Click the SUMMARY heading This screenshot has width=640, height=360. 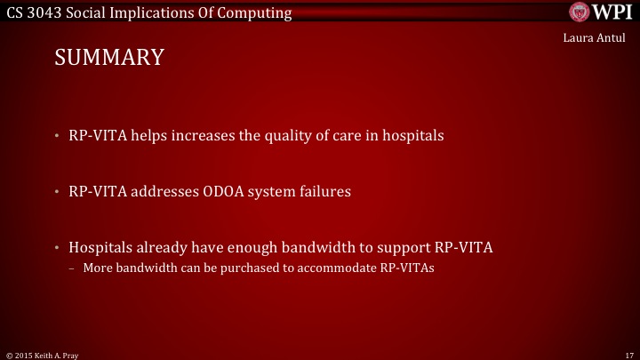click(109, 58)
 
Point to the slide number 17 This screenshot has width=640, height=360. click(629, 353)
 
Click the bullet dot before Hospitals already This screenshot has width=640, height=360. click(56, 247)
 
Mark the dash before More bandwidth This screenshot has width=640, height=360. click(71, 266)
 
